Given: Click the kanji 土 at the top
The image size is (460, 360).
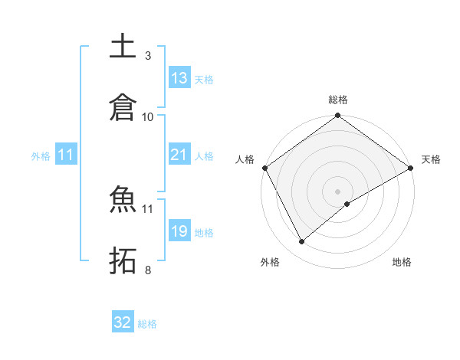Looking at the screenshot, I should [x=123, y=46].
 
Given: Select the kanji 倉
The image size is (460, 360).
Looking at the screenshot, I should [x=123, y=107].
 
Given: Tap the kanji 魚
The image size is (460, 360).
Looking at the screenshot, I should [x=123, y=200].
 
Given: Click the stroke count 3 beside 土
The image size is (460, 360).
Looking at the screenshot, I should [x=147, y=56].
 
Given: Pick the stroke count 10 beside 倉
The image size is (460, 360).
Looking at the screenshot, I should [x=147, y=116].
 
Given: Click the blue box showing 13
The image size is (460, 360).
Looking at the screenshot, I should [x=179, y=77].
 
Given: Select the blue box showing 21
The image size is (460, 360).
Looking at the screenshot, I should [x=179, y=155].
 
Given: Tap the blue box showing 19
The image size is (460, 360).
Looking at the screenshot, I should [x=179, y=231].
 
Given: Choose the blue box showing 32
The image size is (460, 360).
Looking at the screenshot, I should [x=123, y=322].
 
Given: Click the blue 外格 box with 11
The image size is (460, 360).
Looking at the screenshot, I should [x=66, y=155].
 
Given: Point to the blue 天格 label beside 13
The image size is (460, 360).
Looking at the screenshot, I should [x=204, y=79].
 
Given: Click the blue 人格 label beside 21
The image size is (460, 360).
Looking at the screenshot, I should [x=204, y=155].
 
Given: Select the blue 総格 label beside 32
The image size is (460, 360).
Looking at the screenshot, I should [x=147, y=324].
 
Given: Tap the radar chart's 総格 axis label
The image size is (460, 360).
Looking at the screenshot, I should [x=338, y=100].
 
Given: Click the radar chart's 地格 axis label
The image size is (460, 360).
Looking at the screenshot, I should [x=402, y=263].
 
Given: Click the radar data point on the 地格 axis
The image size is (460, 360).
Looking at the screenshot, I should [x=347, y=204].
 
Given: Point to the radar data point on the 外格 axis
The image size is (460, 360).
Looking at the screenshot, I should [x=302, y=241].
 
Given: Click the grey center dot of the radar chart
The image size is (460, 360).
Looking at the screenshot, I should [x=338, y=191].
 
